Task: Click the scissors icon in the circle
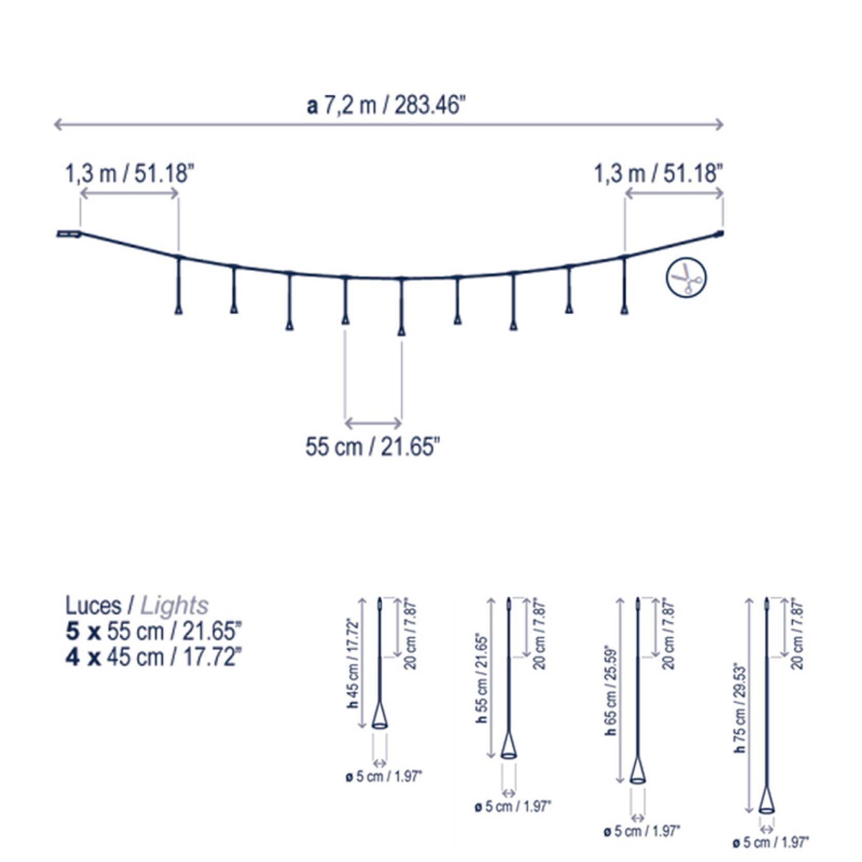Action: pos(687,278)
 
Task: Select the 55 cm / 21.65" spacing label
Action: pos(373,446)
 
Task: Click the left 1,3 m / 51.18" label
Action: pos(129,173)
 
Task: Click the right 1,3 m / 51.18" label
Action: pos(658,173)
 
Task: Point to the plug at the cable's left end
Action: pos(68,235)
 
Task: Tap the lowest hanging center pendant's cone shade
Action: pos(402,331)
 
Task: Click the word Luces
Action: pos(93,606)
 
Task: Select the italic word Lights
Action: pos(174,606)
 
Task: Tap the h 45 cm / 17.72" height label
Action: pos(352,663)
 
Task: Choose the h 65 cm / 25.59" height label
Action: pos(610,689)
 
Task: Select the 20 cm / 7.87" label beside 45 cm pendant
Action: pos(410,634)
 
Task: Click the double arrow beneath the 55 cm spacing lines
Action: pos(373,423)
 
